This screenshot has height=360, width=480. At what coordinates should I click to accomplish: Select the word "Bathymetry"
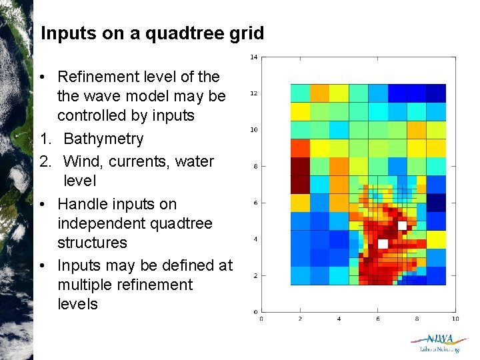(103, 139)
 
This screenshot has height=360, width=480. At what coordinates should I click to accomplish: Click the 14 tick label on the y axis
(253, 57)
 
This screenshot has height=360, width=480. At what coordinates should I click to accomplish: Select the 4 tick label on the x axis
(339, 319)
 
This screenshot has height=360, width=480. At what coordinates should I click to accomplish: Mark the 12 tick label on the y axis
(253, 93)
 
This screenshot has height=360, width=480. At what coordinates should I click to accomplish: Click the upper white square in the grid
(402, 226)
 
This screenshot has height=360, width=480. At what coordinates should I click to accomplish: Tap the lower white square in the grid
(383, 244)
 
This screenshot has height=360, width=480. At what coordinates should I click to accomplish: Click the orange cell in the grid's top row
(319, 93)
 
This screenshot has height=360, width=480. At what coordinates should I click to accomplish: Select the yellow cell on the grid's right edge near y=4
(436, 239)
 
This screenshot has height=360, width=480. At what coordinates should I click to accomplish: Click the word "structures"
(92, 242)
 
